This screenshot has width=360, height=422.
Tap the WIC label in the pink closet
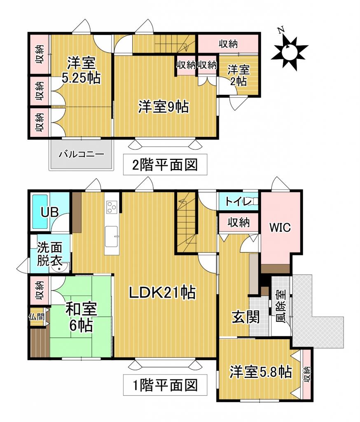280,227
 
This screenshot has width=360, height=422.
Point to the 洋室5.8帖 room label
261,372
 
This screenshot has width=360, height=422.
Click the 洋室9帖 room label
163,107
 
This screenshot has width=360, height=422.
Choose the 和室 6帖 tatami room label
81,317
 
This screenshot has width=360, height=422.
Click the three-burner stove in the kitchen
112,206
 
